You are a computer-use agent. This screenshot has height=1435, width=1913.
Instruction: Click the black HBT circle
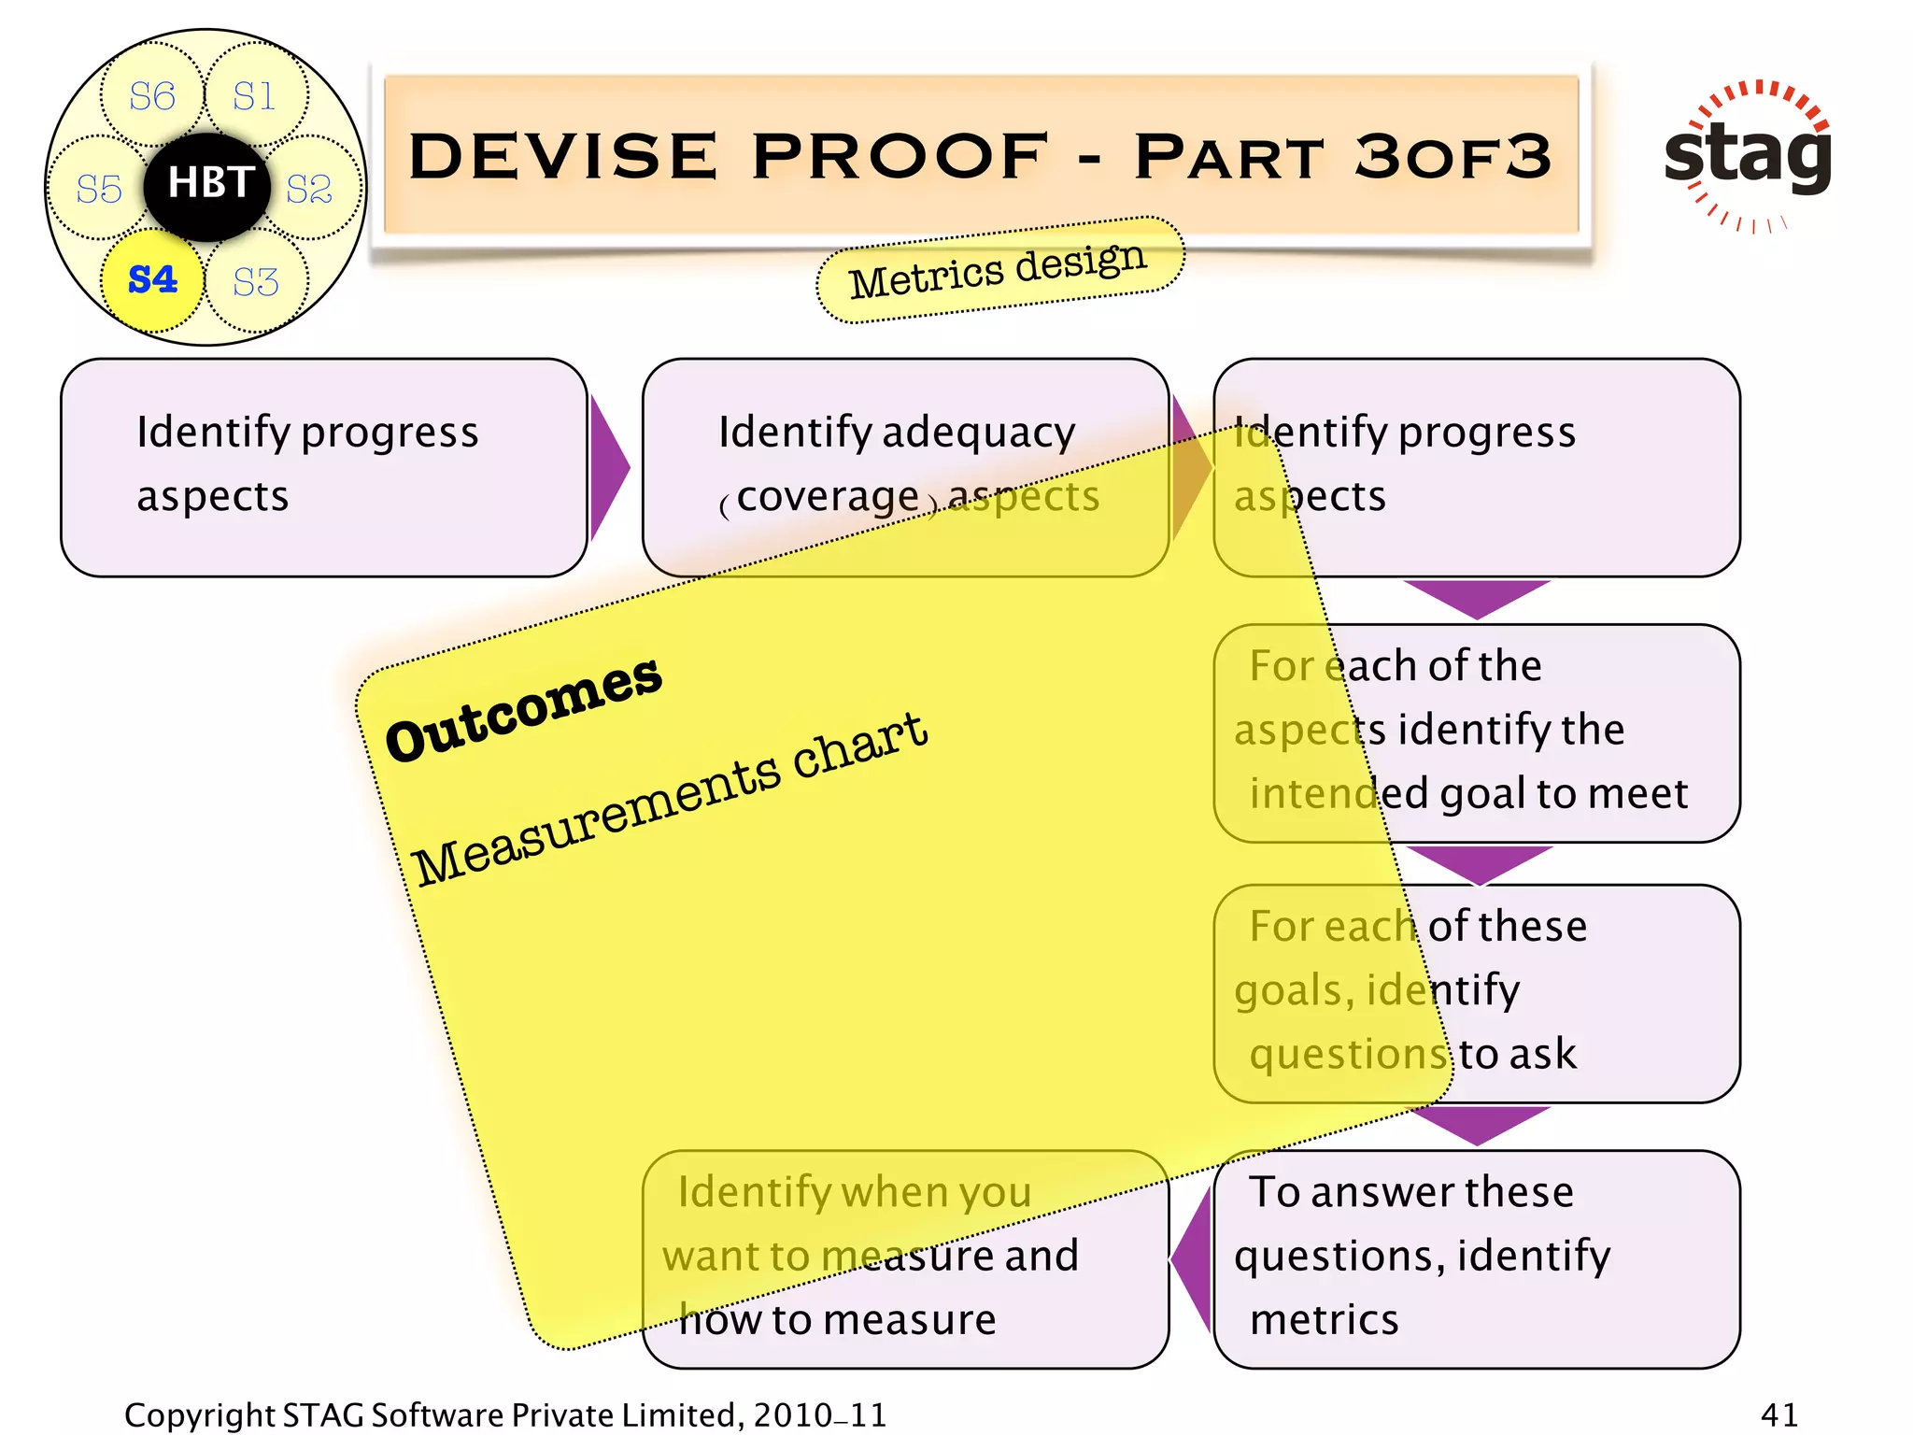pos(207,186)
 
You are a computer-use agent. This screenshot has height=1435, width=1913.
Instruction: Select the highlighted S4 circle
pos(152,279)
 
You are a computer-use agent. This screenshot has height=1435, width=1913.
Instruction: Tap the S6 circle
pos(151,96)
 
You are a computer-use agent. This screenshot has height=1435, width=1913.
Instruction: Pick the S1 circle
pos(255,96)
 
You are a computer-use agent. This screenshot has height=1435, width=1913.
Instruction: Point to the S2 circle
pos(310,189)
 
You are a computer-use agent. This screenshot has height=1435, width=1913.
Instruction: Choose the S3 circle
pos(256,281)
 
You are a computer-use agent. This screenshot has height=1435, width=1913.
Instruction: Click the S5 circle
pos(99,189)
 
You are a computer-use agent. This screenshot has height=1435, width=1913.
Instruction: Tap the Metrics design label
pos(999,269)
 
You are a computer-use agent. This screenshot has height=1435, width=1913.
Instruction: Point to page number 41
pos(1778,1414)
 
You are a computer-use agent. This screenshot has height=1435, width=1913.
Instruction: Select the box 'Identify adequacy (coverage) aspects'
pos(904,467)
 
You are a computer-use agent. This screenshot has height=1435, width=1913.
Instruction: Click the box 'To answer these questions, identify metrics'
pos(1476,1257)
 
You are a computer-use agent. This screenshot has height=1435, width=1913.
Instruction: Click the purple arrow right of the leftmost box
pos(609,467)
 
